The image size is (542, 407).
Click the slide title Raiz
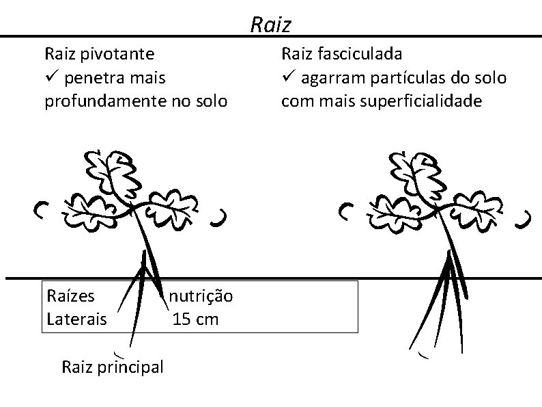271,25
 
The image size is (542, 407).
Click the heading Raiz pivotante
99,53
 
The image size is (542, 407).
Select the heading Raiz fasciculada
341,53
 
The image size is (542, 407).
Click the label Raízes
70,296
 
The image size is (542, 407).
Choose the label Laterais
76,319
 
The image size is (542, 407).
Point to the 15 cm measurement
196,319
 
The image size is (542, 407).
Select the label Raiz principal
113,367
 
